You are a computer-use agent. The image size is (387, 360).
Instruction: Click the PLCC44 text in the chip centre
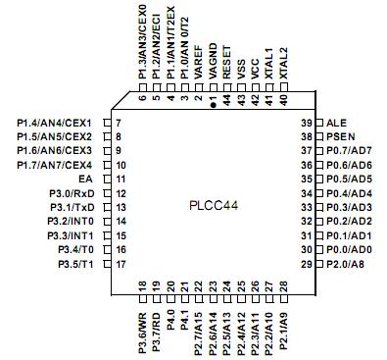tap(214, 207)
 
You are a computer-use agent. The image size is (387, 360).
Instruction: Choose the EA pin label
tap(84, 180)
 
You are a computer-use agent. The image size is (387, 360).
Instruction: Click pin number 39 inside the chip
tap(305, 122)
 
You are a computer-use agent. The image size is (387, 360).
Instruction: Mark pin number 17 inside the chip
tap(121, 265)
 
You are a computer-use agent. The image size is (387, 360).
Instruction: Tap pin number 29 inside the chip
tap(305, 265)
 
